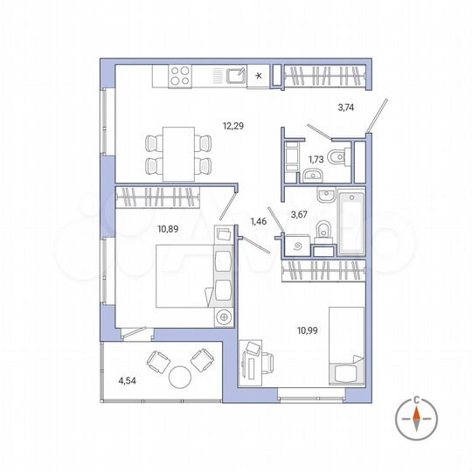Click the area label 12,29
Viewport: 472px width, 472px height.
(232, 126)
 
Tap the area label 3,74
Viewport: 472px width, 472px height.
(346, 108)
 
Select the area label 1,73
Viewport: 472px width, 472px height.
(316, 161)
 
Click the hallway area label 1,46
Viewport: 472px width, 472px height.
(259, 222)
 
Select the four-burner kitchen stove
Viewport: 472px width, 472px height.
(181, 76)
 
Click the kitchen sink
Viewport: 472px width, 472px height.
(235, 77)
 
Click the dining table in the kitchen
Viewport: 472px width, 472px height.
(178, 150)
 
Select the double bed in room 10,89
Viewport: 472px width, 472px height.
(184, 275)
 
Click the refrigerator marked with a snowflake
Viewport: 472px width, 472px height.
(260, 76)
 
